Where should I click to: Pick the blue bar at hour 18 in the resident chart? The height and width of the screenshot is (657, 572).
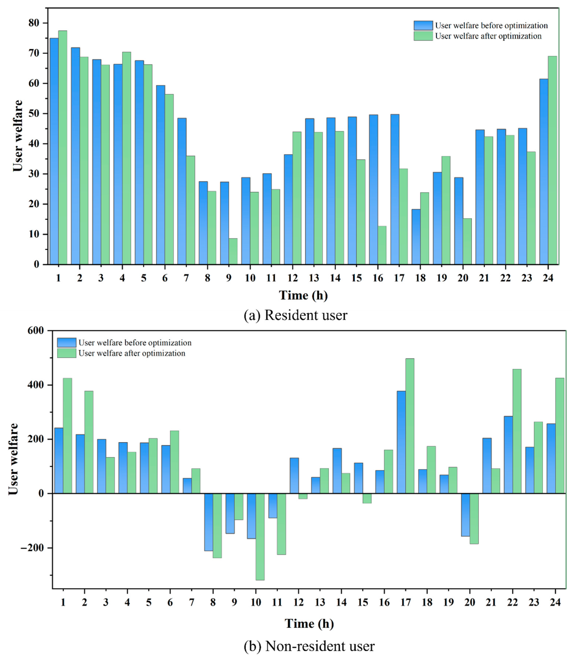click(416, 237)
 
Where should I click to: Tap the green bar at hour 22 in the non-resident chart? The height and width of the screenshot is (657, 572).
click(517, 431)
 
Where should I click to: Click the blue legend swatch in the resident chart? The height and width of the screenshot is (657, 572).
click(423, 26)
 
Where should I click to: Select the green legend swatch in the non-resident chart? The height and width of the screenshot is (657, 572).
click(67, 353)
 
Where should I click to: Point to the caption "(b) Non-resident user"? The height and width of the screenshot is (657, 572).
click(309, 647)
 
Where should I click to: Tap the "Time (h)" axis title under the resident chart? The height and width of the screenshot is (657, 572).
click(303, 296)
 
